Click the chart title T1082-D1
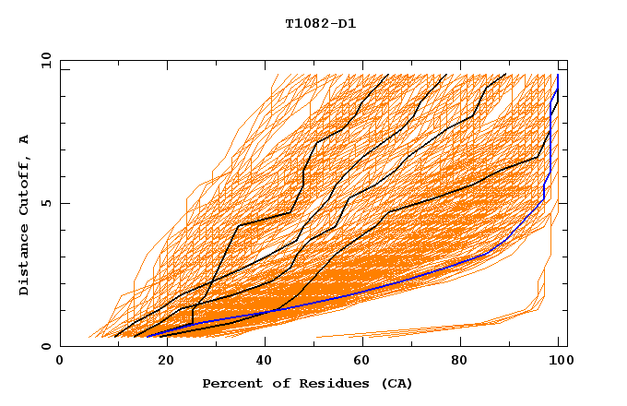coord(320,24)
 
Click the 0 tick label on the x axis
coord(61,362)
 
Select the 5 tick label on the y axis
coord(45,203)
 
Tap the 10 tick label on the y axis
coord(41,60)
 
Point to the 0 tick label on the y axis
coord(45,346)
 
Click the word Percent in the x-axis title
coord(230,383)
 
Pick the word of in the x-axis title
coord(274,383)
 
